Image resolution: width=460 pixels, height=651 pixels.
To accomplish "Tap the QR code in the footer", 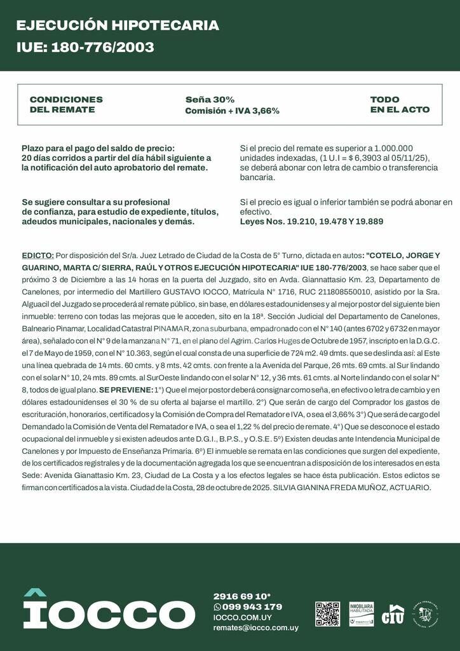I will coord(327,613).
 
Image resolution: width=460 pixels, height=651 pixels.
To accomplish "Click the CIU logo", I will coord(393,614).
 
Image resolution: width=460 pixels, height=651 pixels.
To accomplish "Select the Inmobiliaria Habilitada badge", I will coord(361,613).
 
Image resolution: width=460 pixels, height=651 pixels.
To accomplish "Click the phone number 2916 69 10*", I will coord(242,596).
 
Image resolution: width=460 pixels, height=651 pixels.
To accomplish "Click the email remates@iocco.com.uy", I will coord(255,627).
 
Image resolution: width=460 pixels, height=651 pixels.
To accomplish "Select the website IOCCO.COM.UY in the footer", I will coord(242,617).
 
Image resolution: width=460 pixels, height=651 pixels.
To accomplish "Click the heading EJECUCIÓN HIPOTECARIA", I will coord(118,25).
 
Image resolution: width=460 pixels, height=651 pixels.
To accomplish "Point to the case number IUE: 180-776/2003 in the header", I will coord(85,48).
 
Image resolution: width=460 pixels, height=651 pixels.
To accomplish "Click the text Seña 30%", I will coord(210,100).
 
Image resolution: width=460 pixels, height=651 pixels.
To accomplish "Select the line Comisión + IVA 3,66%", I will coord(232,111).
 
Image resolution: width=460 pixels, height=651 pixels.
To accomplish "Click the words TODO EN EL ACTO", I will coord(400,104).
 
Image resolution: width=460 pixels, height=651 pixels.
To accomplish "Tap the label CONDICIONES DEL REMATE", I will coord(66,104).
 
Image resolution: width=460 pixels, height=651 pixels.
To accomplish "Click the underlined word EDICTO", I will coord(37,255).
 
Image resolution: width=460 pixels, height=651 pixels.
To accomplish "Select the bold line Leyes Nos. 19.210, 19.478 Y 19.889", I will coord(311,222).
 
